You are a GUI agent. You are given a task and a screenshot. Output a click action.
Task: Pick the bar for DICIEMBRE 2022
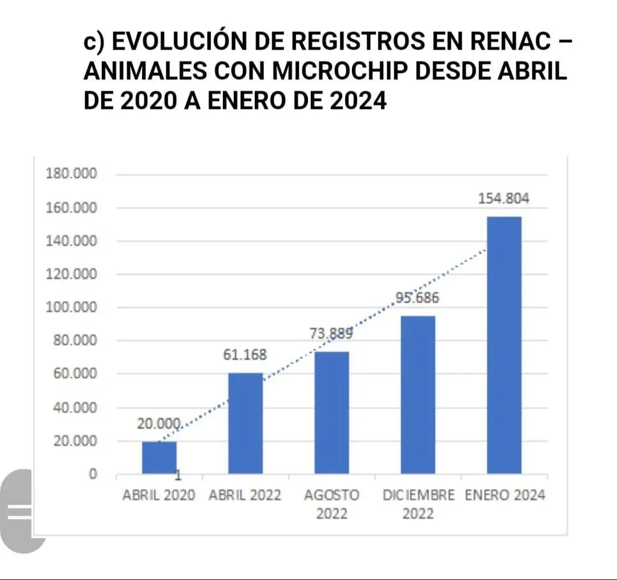(x=418, y=394)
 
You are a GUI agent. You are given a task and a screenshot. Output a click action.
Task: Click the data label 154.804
(x=504, y=200)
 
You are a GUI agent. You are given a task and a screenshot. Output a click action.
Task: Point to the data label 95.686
(x=418, y=298)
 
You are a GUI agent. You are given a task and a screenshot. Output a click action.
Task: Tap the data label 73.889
(x=331, y=333)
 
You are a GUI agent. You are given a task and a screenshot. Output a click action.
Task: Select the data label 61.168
(x=245, y=354)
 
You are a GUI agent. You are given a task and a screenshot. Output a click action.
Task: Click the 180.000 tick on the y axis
(x=71, y=174)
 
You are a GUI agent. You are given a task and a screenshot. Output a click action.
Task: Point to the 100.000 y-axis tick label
(x=71, y=307)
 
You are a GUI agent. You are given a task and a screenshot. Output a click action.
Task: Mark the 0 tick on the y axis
(x=93, y=474)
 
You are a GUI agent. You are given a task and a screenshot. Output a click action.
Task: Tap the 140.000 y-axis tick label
(x=71, y=241)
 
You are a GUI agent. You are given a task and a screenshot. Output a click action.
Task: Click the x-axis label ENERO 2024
(x=505, y=495)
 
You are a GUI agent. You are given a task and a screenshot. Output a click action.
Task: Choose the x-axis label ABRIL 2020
(x=159, y=495)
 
